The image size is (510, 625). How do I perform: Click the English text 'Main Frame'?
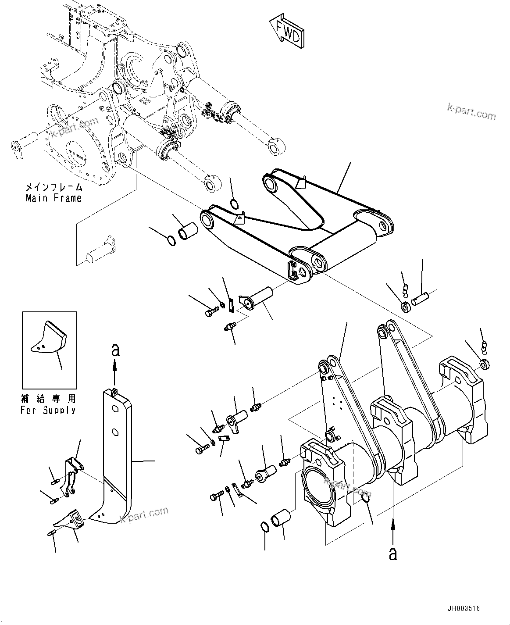[53, 198]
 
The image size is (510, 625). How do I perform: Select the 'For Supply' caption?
[48, 410]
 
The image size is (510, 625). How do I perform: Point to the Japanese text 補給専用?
[48, 399]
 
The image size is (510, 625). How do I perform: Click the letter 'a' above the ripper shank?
[115, 350]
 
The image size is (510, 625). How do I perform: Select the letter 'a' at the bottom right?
[393, 554]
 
